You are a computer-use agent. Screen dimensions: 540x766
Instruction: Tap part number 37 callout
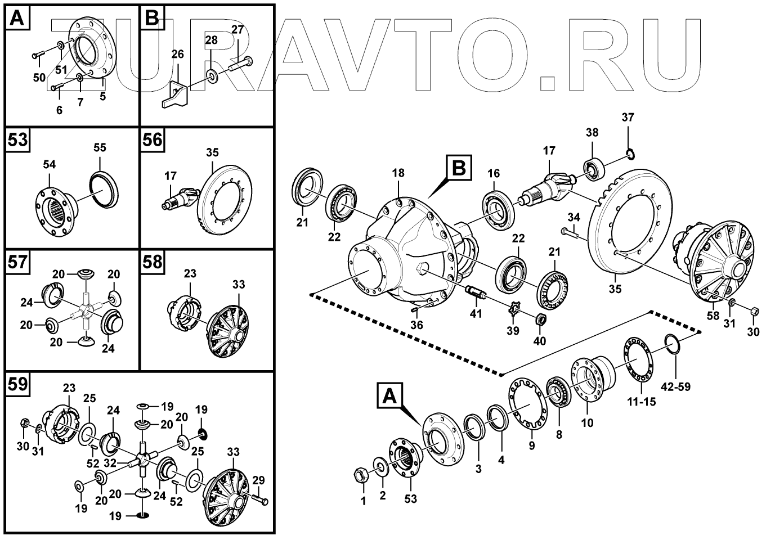coord(628,118)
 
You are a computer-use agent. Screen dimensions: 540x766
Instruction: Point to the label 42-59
coord(675,387)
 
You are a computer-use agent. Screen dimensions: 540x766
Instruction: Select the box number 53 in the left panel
coord(17,139)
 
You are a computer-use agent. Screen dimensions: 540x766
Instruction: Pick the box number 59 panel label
coord(17,384)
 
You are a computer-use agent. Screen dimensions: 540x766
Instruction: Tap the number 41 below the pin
coord(476,313)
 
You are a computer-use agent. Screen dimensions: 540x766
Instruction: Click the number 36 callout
coord(416,325)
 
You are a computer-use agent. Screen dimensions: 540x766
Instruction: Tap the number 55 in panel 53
coord(99,148)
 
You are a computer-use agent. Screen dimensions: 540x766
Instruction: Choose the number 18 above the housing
coord(398,173)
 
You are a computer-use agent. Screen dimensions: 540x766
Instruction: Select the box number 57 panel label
coord(17,262)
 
